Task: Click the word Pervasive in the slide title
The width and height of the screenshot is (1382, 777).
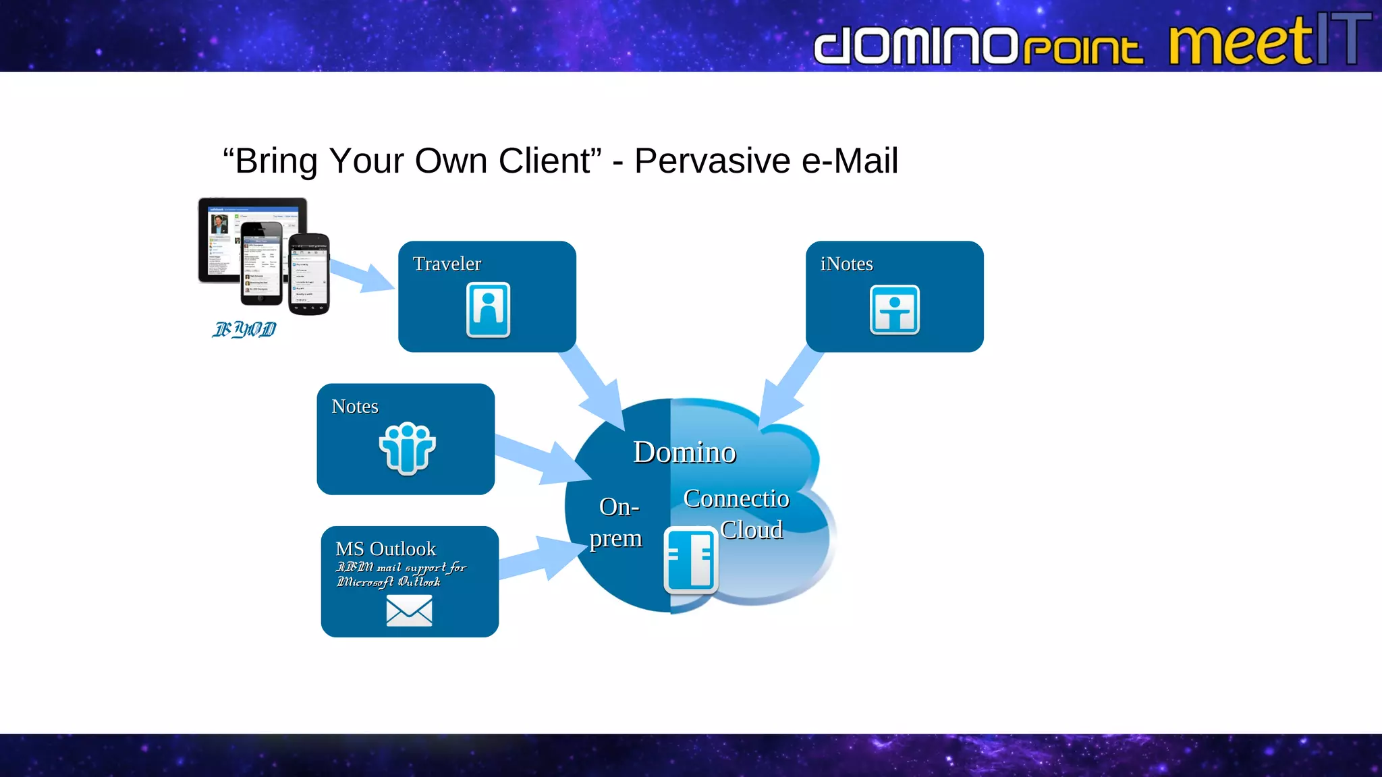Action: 712,161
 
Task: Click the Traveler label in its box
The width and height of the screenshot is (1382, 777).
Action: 447,264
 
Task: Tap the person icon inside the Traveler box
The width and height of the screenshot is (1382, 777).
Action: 488,310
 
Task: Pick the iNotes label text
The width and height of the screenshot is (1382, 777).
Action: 846,264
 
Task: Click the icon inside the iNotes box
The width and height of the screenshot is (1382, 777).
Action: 894,310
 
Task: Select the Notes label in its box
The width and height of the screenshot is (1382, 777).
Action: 355,407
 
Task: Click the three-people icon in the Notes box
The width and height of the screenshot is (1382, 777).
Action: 407,449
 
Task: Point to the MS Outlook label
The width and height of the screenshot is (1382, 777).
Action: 385,549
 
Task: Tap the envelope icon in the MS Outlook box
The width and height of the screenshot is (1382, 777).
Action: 409,611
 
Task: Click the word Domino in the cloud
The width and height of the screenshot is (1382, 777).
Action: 684,453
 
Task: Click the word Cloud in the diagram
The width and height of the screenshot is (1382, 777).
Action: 752,530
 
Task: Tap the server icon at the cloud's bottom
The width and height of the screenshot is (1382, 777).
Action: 690,560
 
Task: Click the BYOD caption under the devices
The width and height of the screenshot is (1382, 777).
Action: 244,329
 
